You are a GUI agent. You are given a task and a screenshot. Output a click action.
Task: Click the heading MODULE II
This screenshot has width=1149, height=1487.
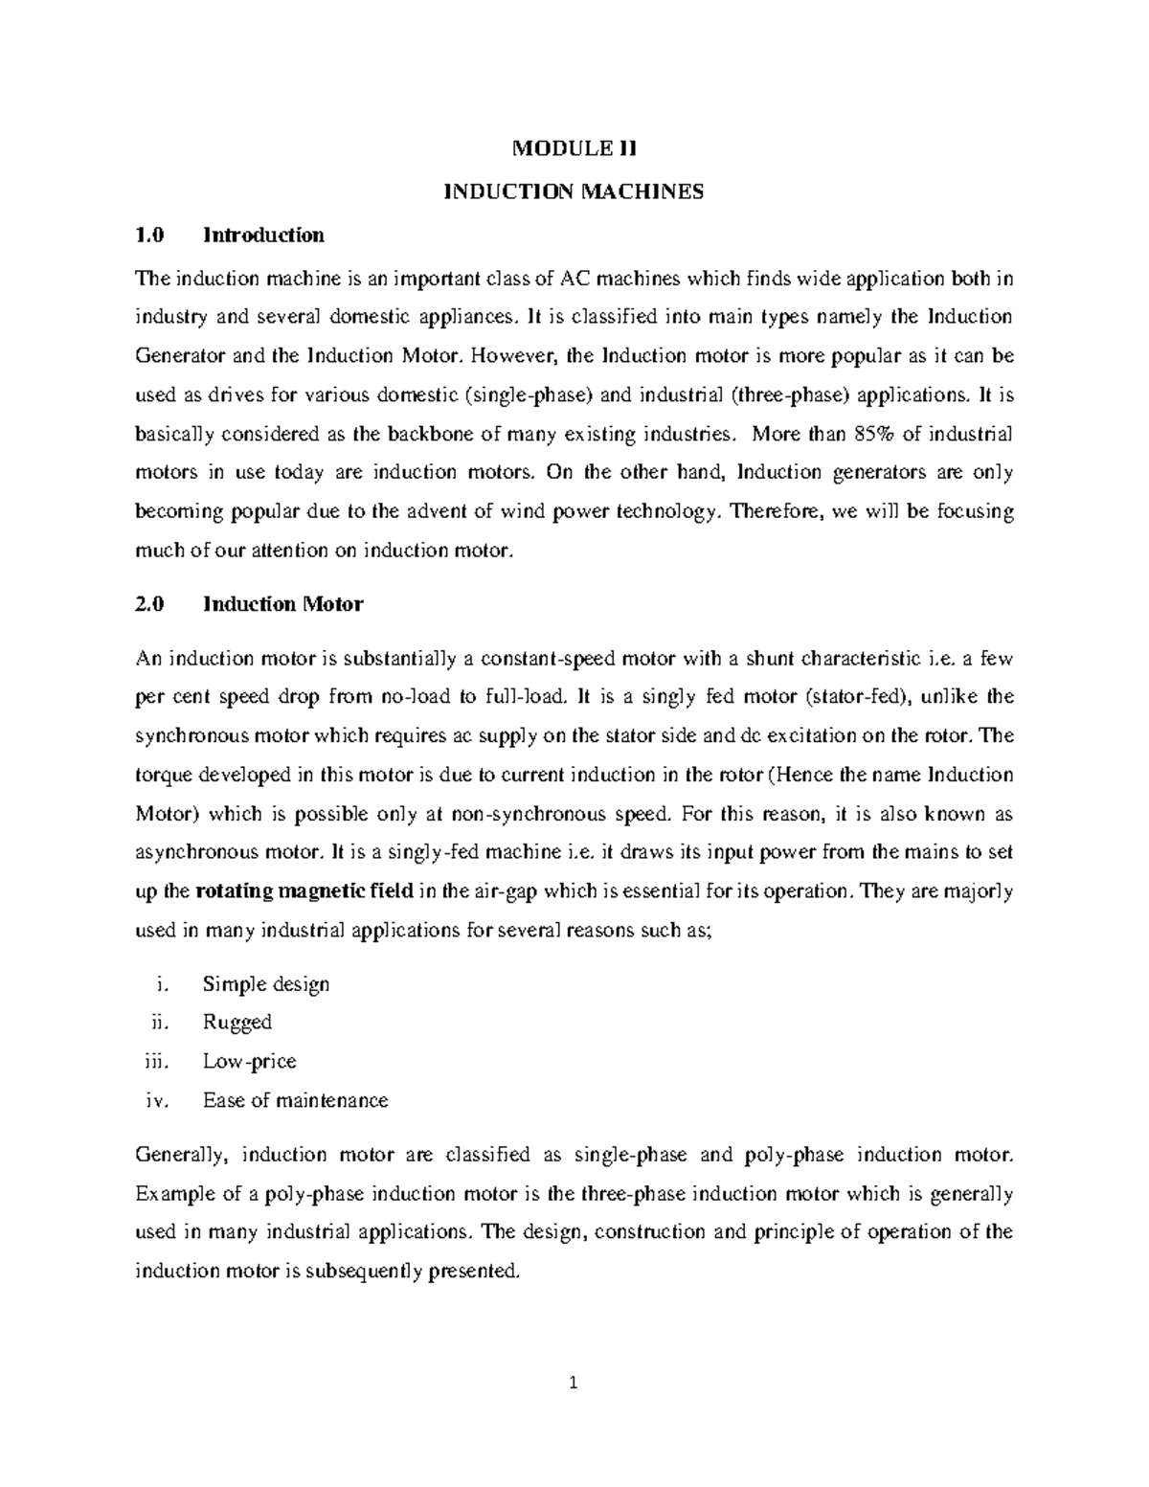click(574, 149)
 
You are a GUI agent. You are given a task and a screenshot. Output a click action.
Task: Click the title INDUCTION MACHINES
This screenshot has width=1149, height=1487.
click(573, 192)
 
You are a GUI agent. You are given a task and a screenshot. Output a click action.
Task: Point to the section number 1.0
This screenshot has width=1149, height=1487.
click(150, 235)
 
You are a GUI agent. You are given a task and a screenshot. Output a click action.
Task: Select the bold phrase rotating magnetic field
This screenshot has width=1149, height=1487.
click(304, 890)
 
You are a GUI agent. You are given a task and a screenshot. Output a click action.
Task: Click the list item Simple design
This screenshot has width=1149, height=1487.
click(266, 984)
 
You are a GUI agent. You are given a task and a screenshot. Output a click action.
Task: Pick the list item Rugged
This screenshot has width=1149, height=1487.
click(237, 1023)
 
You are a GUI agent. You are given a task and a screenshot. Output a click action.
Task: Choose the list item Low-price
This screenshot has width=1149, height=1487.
click(250, 1061)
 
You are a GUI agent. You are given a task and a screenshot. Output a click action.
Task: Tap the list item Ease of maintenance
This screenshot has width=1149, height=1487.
click(296, 1100)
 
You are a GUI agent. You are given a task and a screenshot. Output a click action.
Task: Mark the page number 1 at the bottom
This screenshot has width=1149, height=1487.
click(574, 1382)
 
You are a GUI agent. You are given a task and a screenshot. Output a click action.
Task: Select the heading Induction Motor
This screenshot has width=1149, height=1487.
click(282, 604)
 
